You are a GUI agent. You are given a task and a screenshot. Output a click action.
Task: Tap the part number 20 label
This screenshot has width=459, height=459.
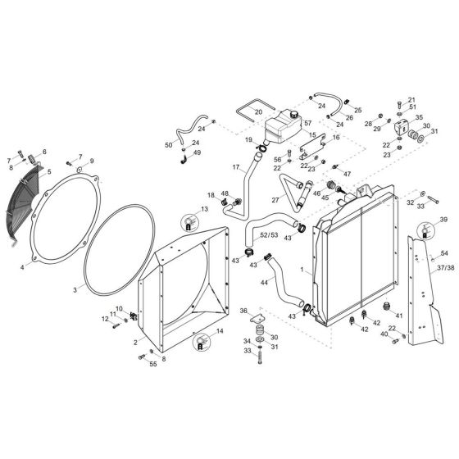click(257, 111)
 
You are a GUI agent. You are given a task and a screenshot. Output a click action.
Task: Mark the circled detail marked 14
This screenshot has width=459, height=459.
click(199, 343)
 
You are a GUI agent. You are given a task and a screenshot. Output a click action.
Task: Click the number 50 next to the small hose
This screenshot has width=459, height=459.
click(168, 145)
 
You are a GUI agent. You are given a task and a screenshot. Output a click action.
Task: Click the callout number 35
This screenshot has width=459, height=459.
click(418, 117)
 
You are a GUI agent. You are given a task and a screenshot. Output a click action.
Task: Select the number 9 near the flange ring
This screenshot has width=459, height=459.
click(91, 161)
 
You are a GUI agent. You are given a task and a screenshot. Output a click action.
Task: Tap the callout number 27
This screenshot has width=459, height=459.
click(276, 198)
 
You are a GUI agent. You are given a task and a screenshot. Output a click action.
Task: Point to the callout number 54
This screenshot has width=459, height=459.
click(443, 254)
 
